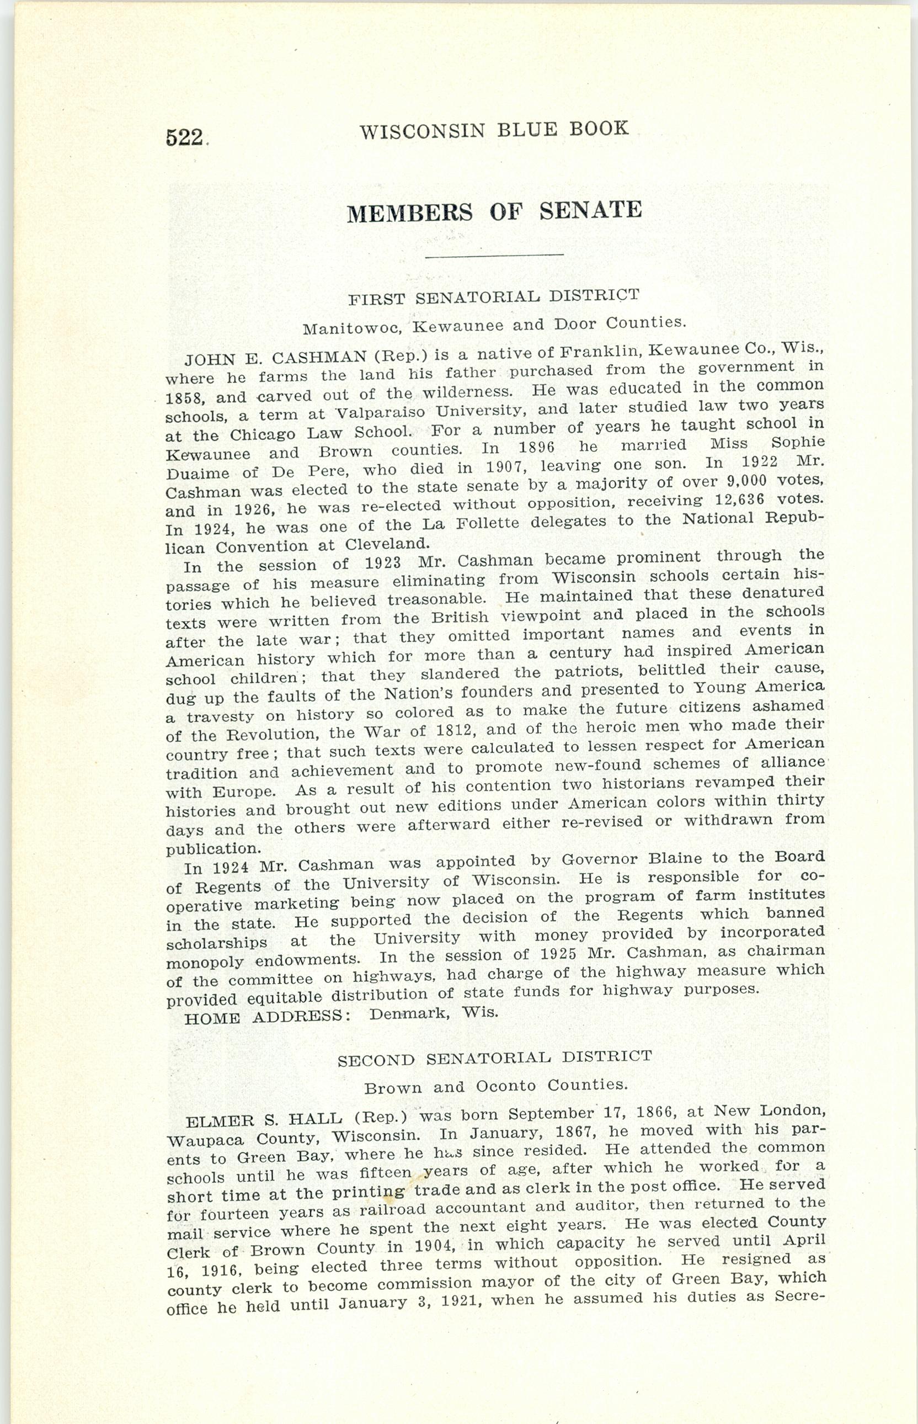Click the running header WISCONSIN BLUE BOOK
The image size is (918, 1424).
(494, 129)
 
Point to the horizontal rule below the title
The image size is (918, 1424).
(494, 256)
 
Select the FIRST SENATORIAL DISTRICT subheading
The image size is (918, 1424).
(494, 296)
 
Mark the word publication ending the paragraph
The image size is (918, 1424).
(203, 848)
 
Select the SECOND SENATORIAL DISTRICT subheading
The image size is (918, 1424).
(494, 1059)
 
